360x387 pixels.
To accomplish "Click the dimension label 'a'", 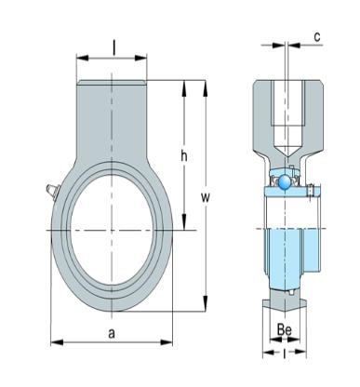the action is coord(112,334).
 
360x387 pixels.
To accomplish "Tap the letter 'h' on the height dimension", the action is coord(184,156).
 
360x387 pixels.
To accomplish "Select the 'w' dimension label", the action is coord(206,197).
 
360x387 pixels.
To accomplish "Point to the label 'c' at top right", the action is coord(317,37).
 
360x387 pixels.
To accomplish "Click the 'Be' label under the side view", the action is coord(285,330).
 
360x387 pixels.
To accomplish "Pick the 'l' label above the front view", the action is coord(113,48).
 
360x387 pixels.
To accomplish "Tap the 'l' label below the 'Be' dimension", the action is coord(285,354).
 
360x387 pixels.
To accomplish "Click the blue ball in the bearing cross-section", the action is coord(284,182).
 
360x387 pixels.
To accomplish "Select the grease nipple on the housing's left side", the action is coord(52,191).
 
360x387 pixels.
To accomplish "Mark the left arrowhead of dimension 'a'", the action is coord(57,342).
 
